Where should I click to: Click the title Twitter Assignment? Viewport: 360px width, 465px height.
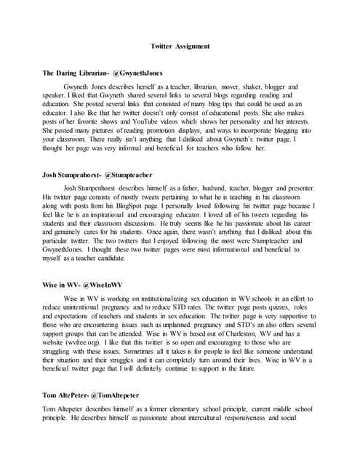click(x=180, y=46)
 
